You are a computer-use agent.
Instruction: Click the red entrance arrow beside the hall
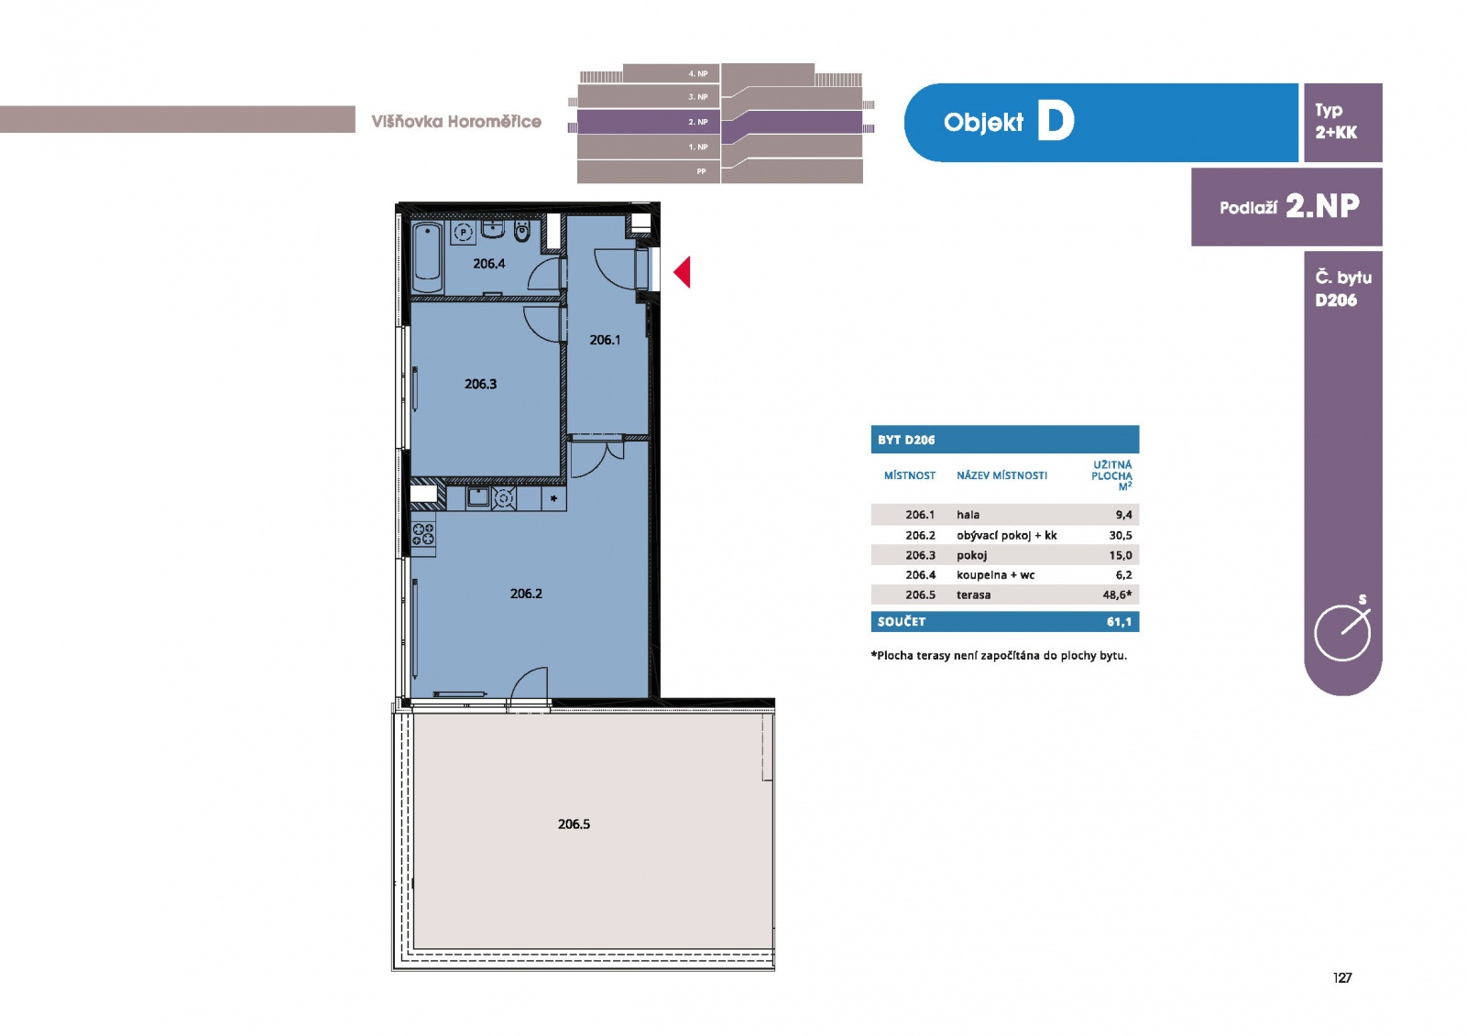click(x=683, y=272)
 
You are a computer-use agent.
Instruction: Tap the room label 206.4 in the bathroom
click(x=489, y=264)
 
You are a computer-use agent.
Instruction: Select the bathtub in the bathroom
click(x=428, y=257)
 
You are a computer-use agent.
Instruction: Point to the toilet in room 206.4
click(x=521, y=232)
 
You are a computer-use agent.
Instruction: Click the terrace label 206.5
click(x=574, y=824)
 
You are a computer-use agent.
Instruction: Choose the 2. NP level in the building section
click(x=698, y=122)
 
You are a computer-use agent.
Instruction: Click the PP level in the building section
click(x=702, y=171)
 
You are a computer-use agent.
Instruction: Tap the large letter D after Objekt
click(x=1056, y=122)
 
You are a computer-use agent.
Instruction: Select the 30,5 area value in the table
click(x=1121, y=535)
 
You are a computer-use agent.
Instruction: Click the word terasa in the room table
click(x=973, y=594)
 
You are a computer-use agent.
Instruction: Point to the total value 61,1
click(x=1119, y=622)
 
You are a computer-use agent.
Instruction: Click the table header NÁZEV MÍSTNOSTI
click(x=1002, y=475)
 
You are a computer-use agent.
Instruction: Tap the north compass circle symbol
click(x=1342, y=633)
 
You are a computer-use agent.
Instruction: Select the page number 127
click(x=1342, y=977)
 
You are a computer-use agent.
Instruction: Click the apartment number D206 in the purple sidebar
click(x=1336, y=300)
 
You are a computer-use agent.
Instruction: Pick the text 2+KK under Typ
click(x=1336, y=132)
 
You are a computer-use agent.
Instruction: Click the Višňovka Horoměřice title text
click(x=456, y=122)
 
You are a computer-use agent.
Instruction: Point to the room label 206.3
click(x=480, y=384)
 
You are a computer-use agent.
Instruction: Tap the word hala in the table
click(x=968, y=515)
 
